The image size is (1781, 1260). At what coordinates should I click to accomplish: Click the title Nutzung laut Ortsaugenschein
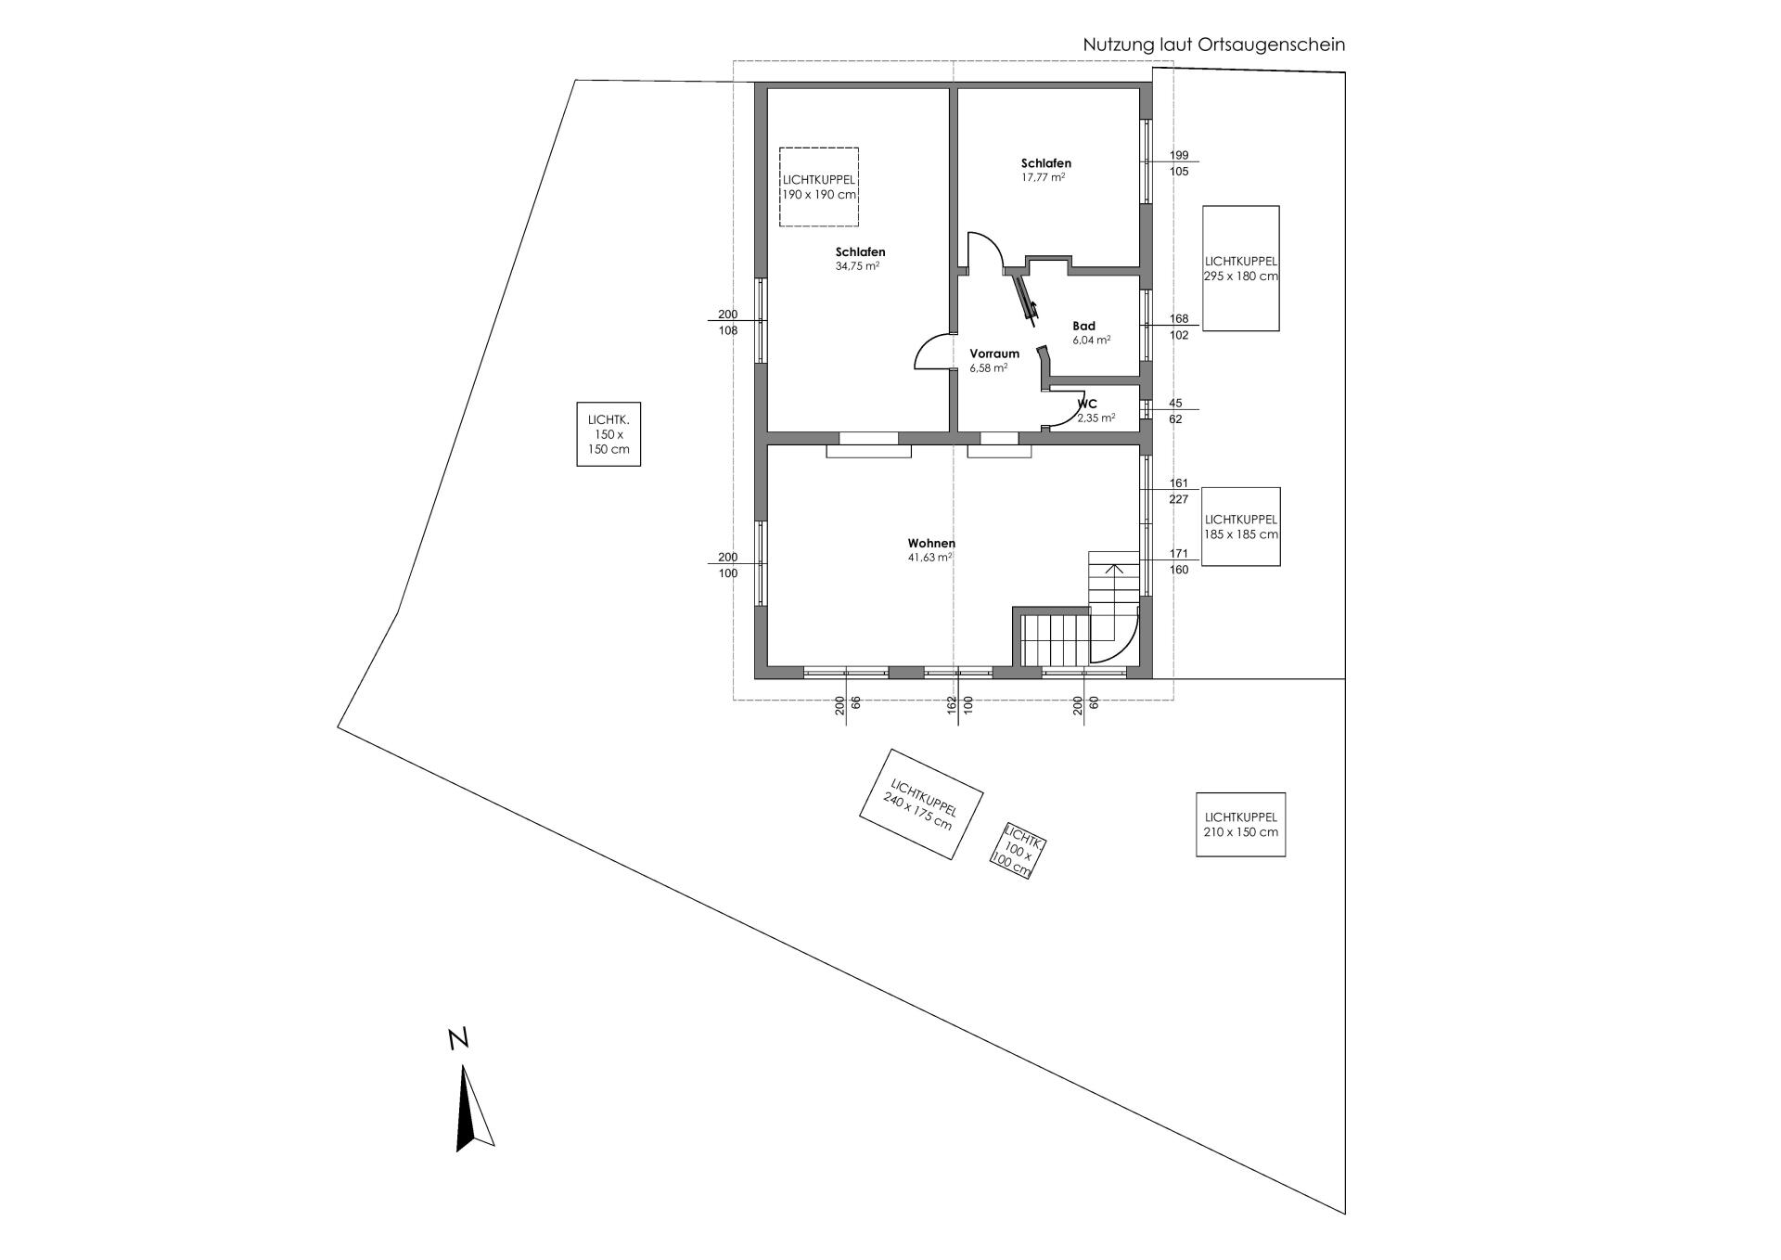(x=1214, y=45)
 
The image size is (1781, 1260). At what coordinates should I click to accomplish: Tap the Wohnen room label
(x=931, y=544)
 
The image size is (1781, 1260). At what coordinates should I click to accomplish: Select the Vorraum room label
(x=994, y=354)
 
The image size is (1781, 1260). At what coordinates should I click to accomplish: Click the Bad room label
(x=1083, y=326)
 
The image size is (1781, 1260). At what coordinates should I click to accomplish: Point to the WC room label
(x=1088, y=404)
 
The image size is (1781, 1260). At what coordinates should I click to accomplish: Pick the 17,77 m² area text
(x=1043, y=177)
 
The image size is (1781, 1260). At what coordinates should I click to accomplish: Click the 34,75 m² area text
(x=857, y=266)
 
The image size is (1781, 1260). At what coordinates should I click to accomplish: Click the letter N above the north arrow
(x=457, y=1039)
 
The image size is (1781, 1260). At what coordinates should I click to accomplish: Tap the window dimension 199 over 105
(x=1179, y=163)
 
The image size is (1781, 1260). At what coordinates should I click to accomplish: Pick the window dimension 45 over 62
(x=1175, y=411)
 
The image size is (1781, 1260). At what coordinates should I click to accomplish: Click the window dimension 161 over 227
(x=1179, y=491)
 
